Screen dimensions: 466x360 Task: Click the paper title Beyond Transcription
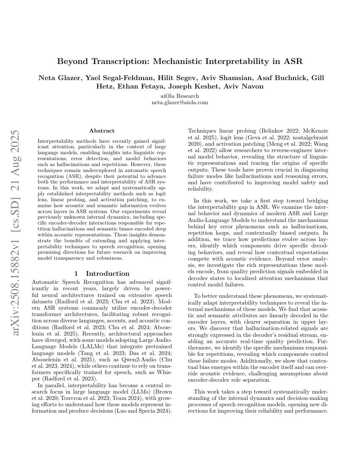pos(180,61)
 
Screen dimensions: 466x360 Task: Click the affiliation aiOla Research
pos(180,96)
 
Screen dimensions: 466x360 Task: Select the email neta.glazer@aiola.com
pos(180,103)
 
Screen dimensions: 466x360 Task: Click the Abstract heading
pos(102,131)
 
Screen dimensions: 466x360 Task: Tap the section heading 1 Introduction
pos(102,273)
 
